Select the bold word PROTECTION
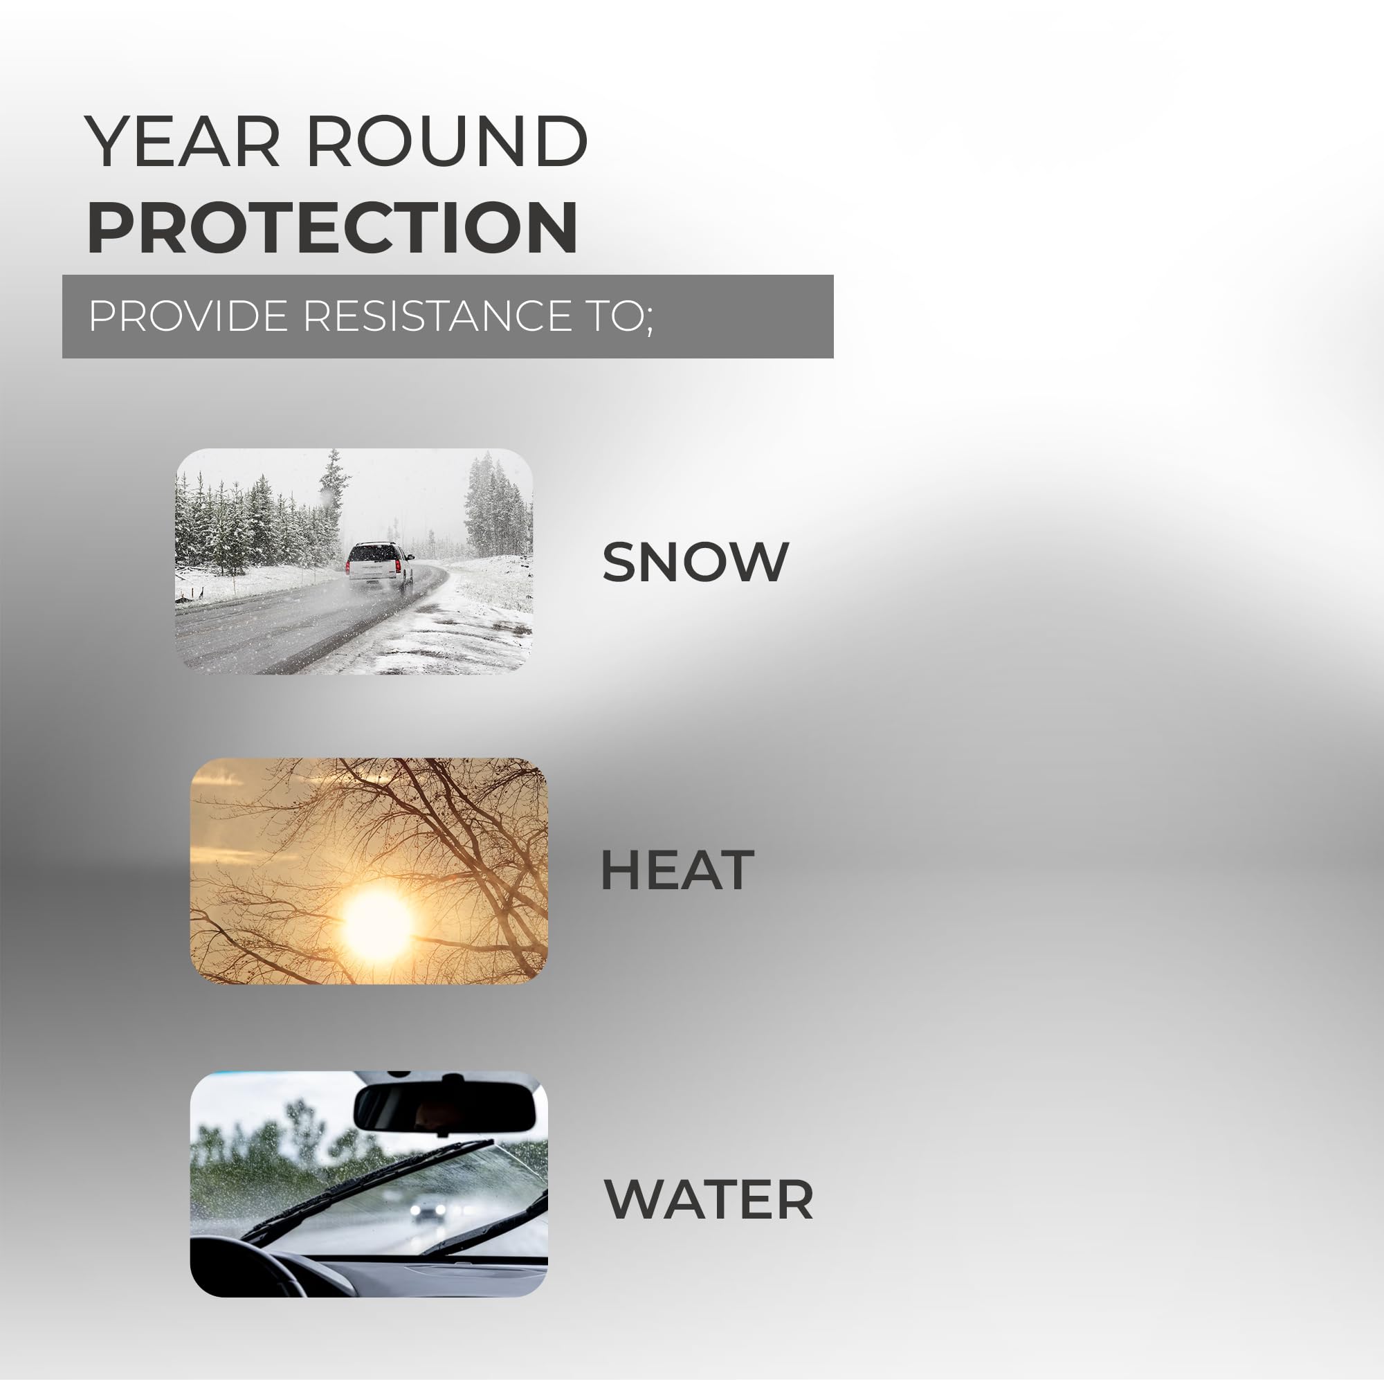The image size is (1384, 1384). point(332,227)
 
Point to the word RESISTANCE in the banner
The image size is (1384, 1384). point(436,316)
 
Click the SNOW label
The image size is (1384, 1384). point(695,563)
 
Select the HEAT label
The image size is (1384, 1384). point(677,871)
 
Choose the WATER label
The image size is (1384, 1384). point(709,1199)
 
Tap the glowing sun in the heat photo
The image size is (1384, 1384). point(378,924)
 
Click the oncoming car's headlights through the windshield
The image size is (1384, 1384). point(428,1210)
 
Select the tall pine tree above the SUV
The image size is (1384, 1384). point(334,487)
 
